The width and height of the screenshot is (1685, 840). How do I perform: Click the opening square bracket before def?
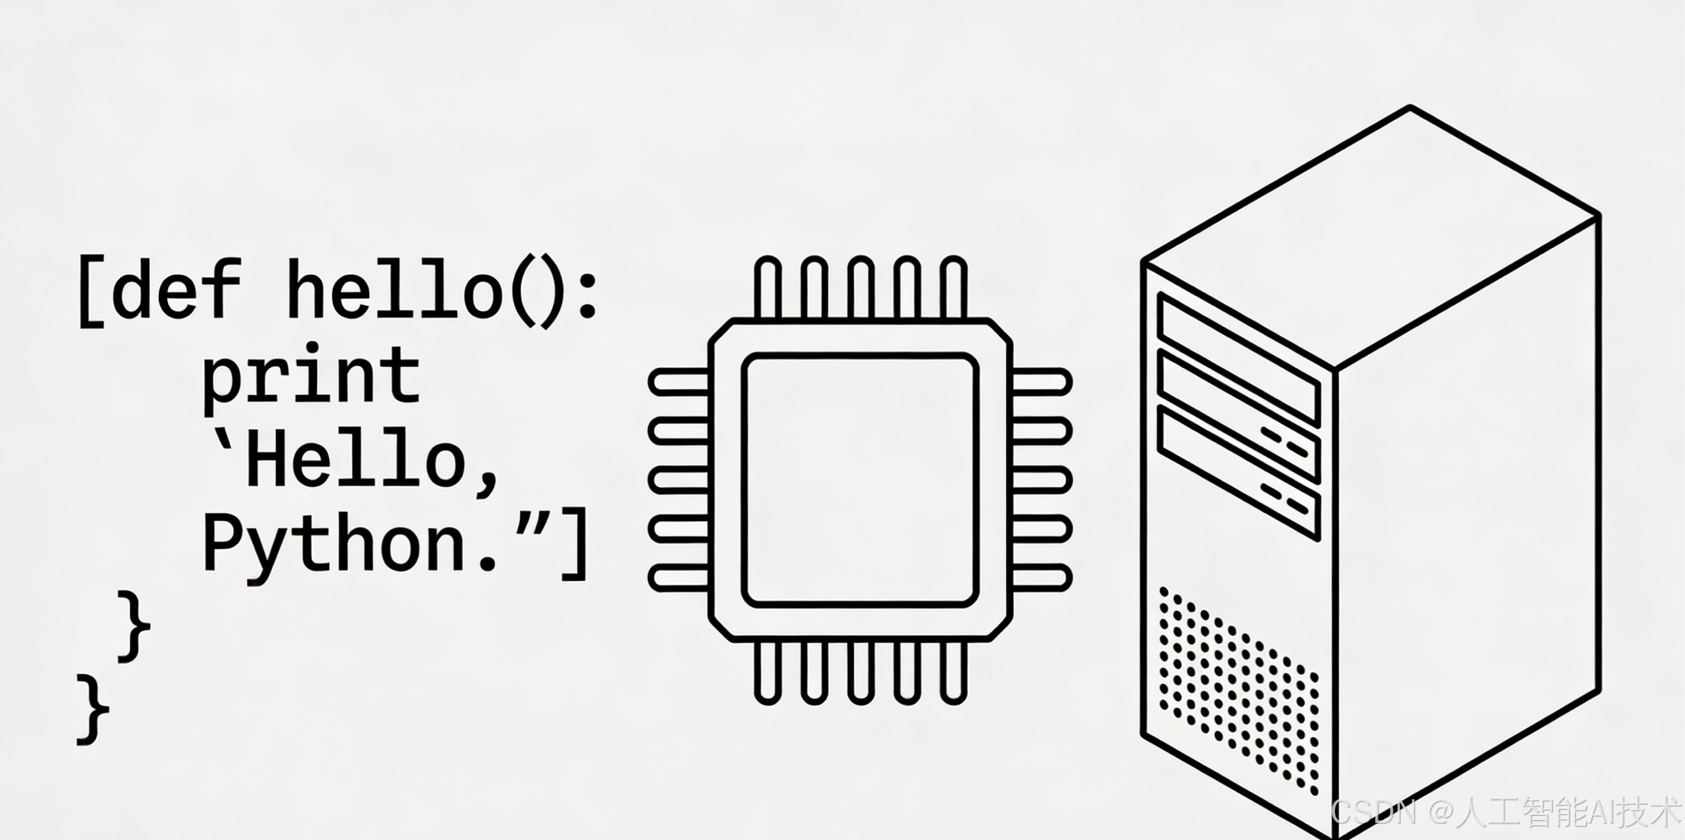(91, 292)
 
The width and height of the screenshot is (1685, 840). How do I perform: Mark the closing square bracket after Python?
(573, 543)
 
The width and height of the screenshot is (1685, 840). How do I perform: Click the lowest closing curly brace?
(93, 709)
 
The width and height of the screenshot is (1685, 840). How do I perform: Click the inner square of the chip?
(860, 480)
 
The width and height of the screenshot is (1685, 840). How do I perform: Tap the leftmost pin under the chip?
(767, 672)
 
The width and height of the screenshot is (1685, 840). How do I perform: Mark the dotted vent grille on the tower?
(1238, 689)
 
